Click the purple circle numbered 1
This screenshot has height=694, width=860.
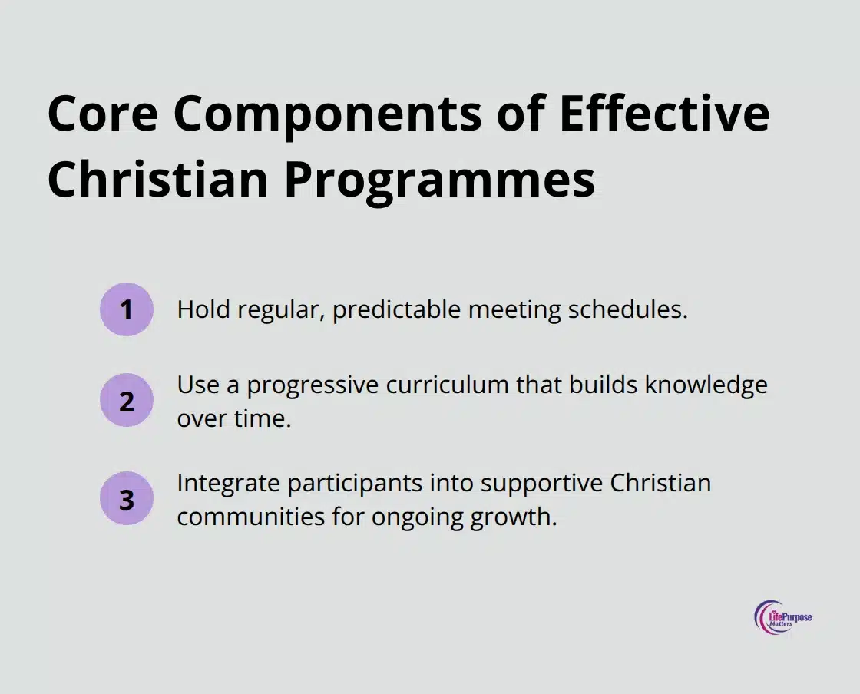[x=127, y=309]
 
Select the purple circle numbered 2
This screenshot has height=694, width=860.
[x=127, y=400]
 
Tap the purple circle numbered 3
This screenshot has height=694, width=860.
[x=127, y=498]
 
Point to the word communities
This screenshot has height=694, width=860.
[x=245, y=517]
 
